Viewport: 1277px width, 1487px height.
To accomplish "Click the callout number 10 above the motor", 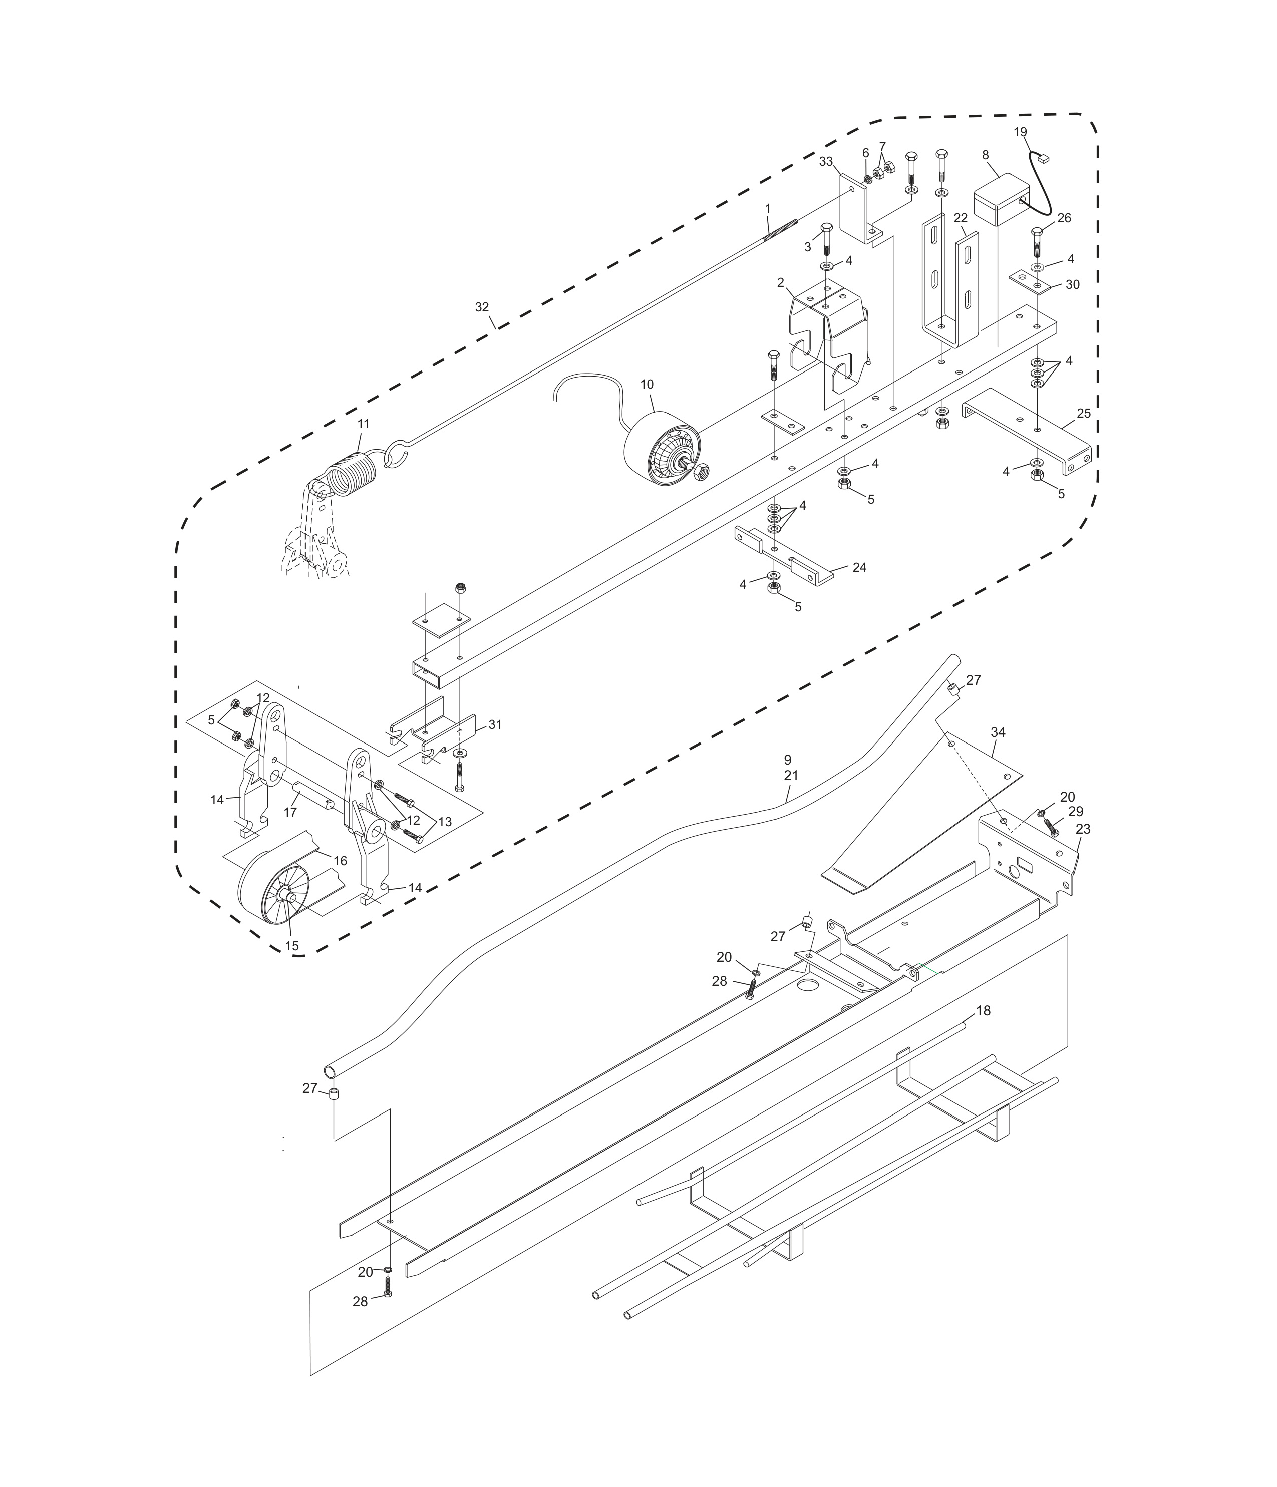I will coord(647,385).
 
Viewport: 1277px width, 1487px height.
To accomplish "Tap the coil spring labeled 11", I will coord(352,474).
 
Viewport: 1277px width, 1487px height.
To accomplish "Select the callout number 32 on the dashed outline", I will coord(482,307).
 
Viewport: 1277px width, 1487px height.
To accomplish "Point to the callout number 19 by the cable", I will coord(1020,132).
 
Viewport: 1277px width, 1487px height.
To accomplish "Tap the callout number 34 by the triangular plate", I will coord(998,732).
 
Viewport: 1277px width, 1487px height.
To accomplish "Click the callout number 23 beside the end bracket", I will coord(1083,829).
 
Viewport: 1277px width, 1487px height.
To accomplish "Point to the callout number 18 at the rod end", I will coord(983,1010).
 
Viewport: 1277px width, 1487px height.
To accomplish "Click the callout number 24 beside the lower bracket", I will coord(859,568).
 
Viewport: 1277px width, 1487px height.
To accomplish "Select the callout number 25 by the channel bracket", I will coord(1083,414).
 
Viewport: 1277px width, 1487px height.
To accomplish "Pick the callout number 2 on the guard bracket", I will coord(780,283).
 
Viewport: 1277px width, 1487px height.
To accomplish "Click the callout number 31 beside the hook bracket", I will coord(495,725).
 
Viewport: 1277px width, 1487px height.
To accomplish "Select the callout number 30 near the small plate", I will coord(1072,285).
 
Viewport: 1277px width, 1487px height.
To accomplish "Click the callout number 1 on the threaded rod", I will coord(767,208).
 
